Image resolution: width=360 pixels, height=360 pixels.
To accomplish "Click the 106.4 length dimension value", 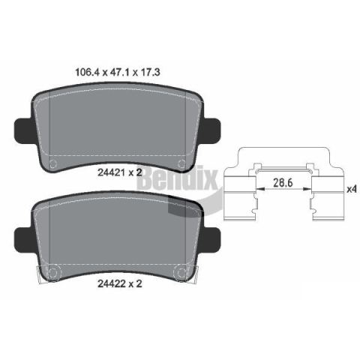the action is pyautogui.click(x=87, y=72).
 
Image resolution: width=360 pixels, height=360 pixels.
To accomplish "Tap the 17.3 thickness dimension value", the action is pyautogui.click(x=151, y=72).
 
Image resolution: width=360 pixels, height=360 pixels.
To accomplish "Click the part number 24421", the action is pyautogui.click(x=112, y=172).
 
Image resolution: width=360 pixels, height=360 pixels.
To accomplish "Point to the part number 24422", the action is pyautogui.click(x=112, y=283).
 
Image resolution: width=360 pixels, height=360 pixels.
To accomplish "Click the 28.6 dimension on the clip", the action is pyautogui.click(x=283, y=182).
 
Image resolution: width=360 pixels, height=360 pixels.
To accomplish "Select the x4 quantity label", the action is pyautogui.click(x=351, y=189).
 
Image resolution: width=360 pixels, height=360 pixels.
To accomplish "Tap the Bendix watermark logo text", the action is pyautogui.click(x=177, y=179).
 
